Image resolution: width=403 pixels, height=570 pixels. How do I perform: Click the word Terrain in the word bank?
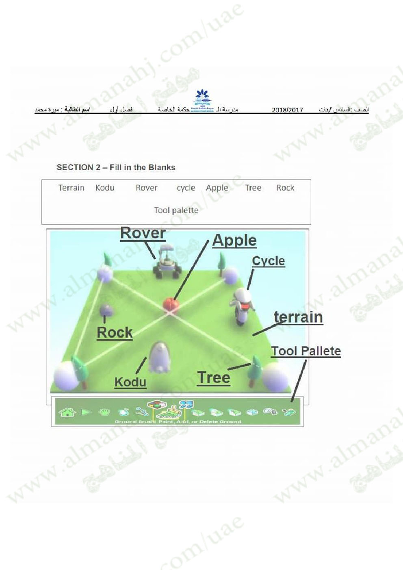71,188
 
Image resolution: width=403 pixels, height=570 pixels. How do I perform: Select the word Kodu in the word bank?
105,188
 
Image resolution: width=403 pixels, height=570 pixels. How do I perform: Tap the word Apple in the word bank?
217,188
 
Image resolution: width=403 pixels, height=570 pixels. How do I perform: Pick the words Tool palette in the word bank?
176,210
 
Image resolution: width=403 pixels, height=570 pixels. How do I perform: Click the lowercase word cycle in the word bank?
186,188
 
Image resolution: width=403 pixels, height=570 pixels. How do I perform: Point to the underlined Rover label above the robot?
143,233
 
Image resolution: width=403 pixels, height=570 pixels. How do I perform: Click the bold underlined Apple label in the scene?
234,241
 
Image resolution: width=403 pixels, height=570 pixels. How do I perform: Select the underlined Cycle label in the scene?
269,261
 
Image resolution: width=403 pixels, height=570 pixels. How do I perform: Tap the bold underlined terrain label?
298,317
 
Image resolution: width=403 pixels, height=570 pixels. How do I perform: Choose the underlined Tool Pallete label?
306,351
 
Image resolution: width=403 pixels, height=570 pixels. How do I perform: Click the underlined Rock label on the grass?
115,332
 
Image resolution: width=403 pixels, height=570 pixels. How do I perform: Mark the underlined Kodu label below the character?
130,382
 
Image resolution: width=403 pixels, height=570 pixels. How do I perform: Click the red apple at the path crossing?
171,304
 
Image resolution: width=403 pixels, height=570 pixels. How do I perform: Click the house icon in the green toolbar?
67,412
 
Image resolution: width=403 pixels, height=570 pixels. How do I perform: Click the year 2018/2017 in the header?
287,110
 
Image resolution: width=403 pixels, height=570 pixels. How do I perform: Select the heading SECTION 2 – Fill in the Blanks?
116,167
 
